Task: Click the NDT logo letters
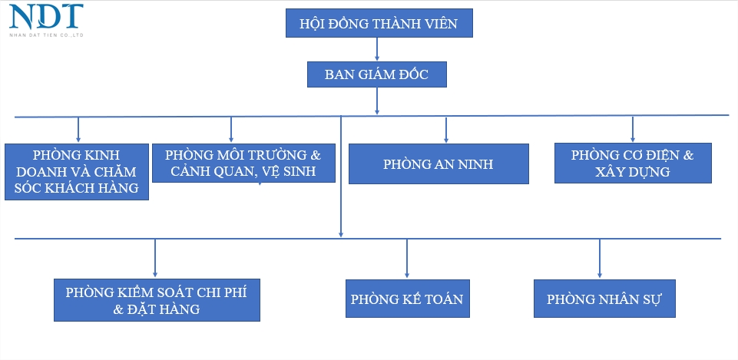point(46,16)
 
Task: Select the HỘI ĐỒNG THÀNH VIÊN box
point(379,24)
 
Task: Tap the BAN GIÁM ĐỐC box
point(376,74)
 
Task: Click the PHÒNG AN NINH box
point(438,163)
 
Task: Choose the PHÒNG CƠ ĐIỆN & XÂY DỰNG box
point(632,163)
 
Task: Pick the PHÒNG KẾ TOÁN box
point(407,299)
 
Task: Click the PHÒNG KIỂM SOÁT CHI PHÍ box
point(157,300)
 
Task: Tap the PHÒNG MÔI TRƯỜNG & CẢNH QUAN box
point(244,163)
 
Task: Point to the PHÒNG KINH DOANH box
point(76,171)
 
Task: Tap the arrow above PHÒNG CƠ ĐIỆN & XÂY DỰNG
point(633,128)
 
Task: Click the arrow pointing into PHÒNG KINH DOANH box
point(78,128)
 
